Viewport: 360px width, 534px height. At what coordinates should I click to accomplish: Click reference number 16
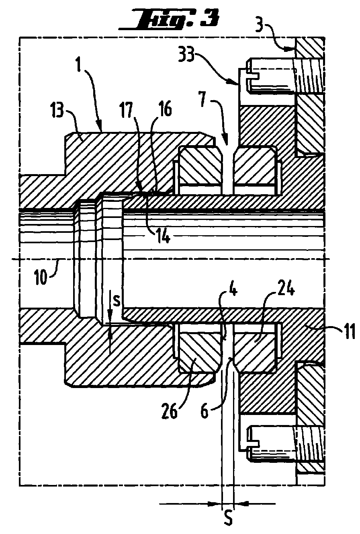pyautogui.click(x=164, y=109)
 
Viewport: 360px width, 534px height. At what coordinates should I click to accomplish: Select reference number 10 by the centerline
pyautogui.click(x=41, y=277)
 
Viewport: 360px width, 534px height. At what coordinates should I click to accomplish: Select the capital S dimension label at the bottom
pyautogui.click(x=229, y=524)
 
